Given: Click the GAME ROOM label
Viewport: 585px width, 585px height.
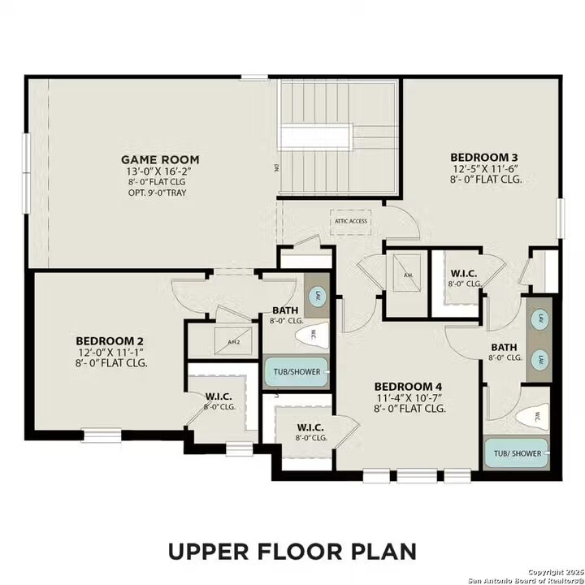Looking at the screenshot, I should pos(160,159).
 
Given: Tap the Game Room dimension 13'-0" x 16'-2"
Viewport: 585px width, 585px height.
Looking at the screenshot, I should pos(160,172).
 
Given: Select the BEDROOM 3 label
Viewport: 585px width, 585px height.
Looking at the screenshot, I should pos(485,157).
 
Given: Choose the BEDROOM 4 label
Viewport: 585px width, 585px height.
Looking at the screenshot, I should pos(409,386).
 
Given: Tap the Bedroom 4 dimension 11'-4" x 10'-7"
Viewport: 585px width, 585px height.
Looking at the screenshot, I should pos(409,398).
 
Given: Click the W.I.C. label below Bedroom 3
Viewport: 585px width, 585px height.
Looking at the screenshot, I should pos(464,273).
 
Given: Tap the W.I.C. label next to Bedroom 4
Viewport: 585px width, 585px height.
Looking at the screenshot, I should pos(310,427).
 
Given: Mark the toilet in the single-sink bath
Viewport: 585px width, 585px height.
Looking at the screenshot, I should pos(312,334).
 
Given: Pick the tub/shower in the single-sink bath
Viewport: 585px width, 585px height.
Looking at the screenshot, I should pos(297,371).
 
